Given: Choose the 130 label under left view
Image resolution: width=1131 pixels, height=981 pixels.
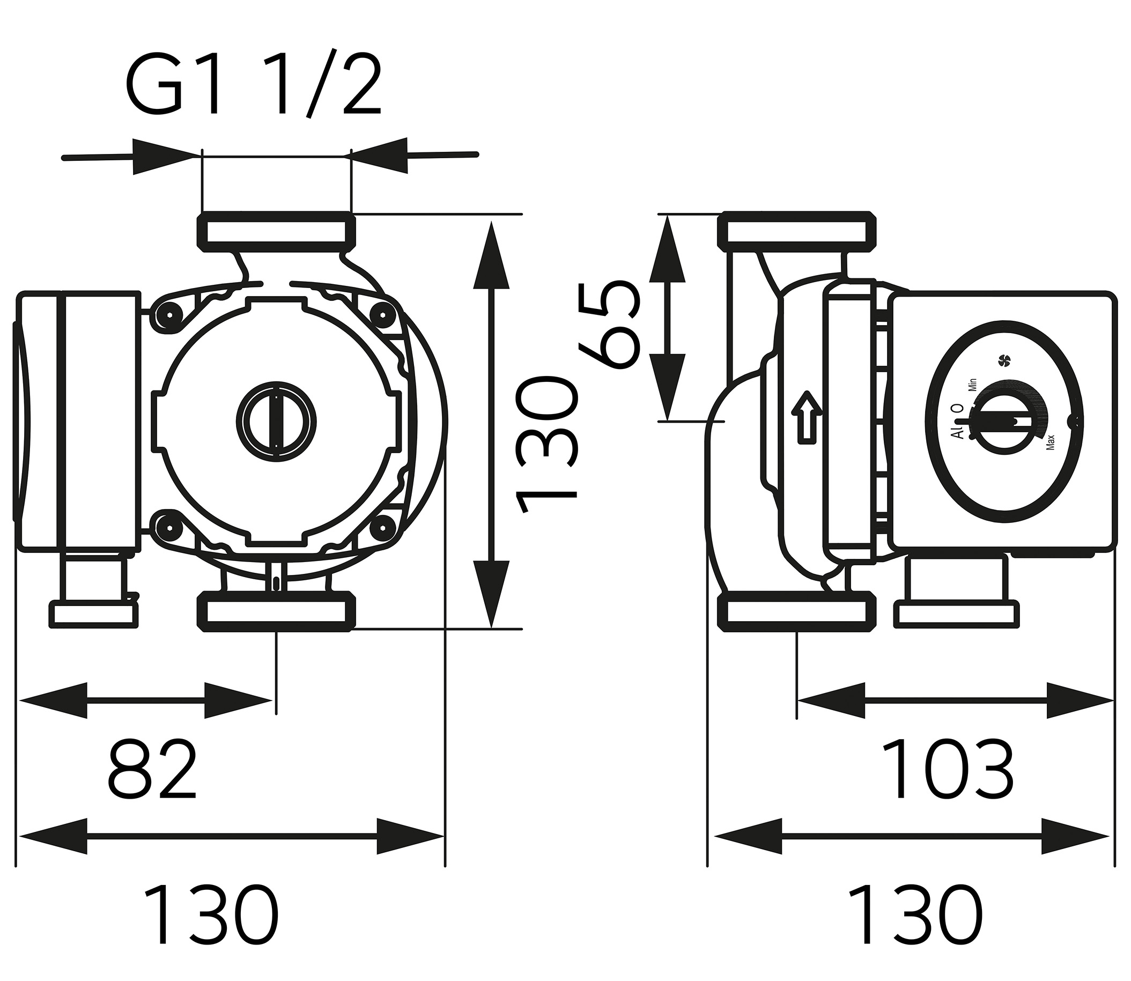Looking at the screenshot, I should [x=211, y=913].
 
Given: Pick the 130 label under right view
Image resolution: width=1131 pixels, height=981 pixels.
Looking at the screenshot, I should [x=915, y=913].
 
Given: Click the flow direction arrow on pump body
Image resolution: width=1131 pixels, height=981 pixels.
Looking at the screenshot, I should [x=807, y=416].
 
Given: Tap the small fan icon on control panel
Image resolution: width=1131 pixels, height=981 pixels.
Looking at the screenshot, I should [x=1004, y=360].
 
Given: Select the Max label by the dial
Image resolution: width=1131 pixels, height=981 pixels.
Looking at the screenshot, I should [x=1050, y=442].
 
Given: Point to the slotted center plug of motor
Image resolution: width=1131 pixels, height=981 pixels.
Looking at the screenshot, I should [x=277, y=417].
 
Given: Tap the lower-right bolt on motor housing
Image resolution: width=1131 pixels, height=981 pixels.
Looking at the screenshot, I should [x=383, y=527].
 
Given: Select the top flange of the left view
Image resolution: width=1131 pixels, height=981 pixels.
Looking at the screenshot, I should [x=277, y=232].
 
